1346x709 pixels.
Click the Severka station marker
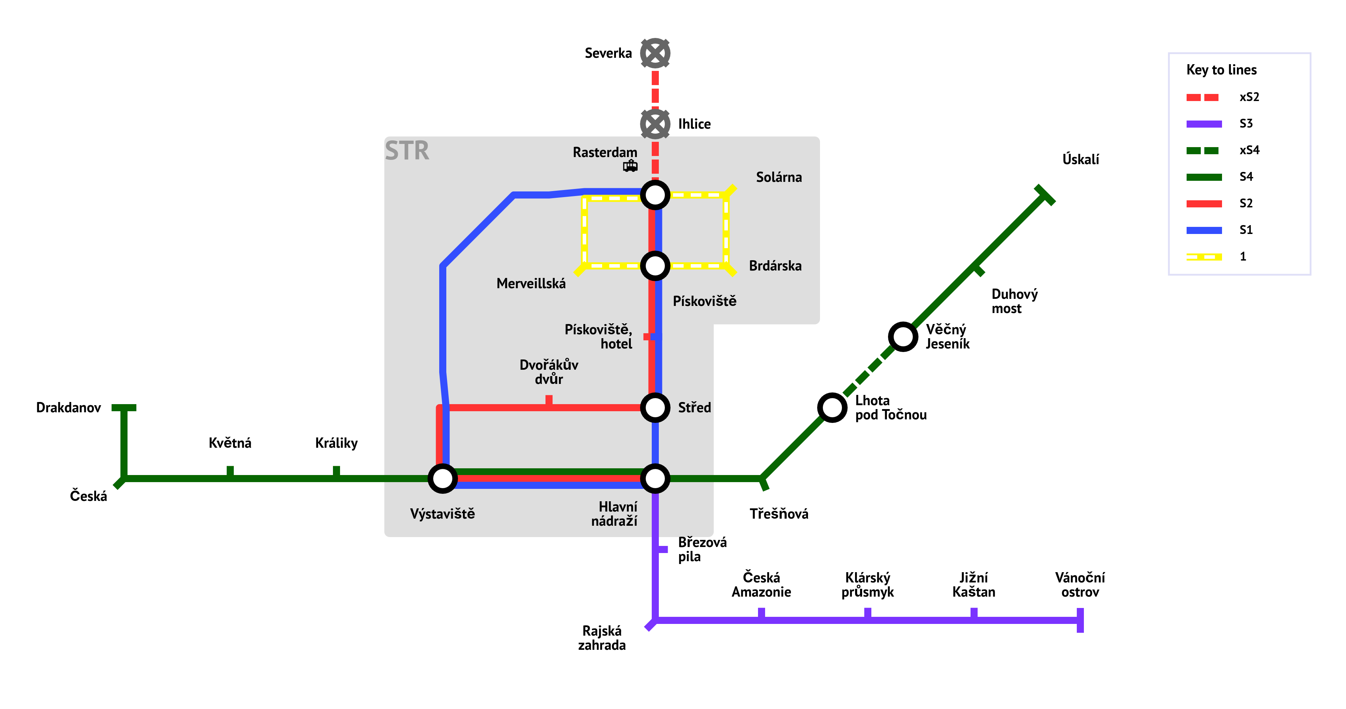655,53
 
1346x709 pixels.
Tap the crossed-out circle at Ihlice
655,124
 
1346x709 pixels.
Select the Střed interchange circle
655,407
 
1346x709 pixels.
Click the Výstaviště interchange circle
442,478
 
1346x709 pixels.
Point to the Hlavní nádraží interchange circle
655,478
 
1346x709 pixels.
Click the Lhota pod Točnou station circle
832,407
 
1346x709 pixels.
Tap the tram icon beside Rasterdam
630,166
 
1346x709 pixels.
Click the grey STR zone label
407,151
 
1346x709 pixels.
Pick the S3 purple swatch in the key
1204,124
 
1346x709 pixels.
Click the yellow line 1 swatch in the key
1204,257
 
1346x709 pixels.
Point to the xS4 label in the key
1249,150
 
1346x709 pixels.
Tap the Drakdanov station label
68,407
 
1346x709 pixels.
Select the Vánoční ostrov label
1080,585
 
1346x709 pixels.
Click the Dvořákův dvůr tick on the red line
549,401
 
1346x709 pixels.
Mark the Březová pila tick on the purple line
662,549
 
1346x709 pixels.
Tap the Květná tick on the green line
230,471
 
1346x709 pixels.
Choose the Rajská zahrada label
602,637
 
